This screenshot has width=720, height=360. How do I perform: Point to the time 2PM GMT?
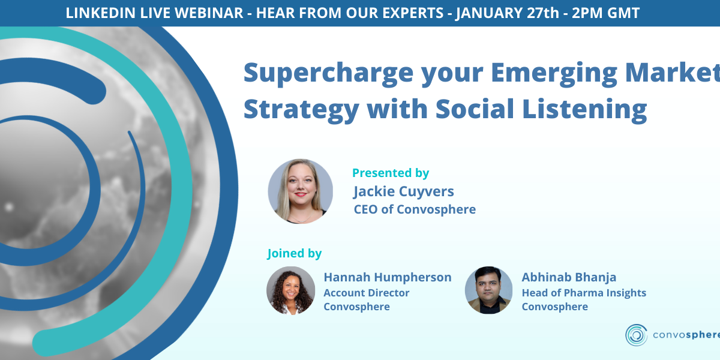[606, 13]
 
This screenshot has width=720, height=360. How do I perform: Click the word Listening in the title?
[584, 110]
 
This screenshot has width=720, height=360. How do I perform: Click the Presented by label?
[391, 173]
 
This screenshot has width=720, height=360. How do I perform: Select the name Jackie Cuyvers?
[404, 191]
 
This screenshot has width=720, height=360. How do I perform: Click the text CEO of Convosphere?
[415, 209]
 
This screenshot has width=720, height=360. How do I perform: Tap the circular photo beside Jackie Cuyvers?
[300, 191]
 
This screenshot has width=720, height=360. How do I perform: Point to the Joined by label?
[295, 253]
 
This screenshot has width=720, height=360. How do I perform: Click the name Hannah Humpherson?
[388, 277]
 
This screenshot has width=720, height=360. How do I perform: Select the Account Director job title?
[367, 293]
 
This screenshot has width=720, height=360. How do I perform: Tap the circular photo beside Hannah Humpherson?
[290, 290]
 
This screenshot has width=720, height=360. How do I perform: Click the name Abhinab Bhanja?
[569, 277]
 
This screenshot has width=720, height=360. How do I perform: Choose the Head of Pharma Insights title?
[584, 293]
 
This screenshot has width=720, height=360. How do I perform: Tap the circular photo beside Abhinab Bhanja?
[488, 290]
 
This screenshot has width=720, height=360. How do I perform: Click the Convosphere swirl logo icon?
[636, 335]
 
